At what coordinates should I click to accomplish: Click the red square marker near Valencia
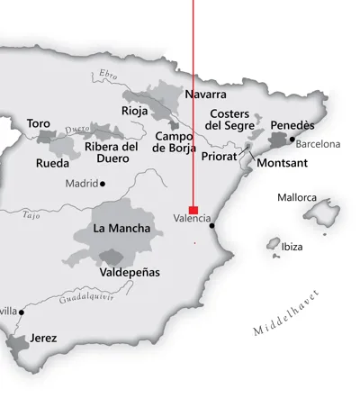click(x=193, y=210)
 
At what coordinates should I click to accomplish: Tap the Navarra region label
click(x=205, y=94)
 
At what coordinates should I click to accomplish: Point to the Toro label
click(x=39, y=123)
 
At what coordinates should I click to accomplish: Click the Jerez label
click(x=42, y=339)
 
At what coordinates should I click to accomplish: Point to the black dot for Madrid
click(x=103, y=184)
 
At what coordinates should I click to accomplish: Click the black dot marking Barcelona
click(x=292, y=140)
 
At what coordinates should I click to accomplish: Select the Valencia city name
click(x=192, y=218)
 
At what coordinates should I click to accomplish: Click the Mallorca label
click(x=297, y=197)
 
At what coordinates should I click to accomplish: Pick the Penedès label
click(x=292, y=125)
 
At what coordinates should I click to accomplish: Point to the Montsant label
click(x=282, y=164)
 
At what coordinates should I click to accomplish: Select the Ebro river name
click(x=108, y=76)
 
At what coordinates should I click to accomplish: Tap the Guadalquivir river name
click(x=89, y=297)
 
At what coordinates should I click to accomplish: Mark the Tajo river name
click(x=31, y=215)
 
